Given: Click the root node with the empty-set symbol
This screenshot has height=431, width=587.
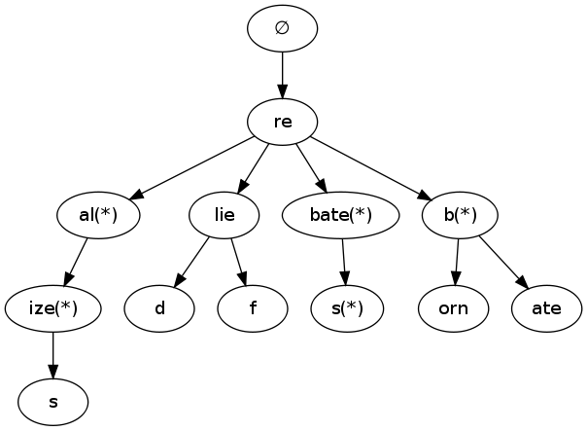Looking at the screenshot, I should click(282, 28).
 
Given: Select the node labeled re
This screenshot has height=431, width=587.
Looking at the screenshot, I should click(282, 122).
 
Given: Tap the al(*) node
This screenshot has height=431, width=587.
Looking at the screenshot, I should click(97, 215).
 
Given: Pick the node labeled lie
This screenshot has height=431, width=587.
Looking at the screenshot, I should click(224, 215).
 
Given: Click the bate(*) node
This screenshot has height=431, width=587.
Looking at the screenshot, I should click(341, 215).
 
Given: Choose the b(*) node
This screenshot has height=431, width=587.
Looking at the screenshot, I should click(460, 215).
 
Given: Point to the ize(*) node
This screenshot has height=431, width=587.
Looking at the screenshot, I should click(53, 308).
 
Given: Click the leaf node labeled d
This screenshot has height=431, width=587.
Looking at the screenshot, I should click(159, 308).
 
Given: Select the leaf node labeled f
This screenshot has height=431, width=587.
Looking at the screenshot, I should click(253, 308).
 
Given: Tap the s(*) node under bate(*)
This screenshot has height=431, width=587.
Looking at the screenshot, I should click(347, 308).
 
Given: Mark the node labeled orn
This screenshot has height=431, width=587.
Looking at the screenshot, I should click(453, 308).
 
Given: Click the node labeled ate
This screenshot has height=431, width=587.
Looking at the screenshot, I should click(546, 308).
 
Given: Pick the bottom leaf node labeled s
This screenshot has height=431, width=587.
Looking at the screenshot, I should click(53, 402).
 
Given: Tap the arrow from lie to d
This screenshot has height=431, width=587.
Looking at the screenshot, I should click(192, 262).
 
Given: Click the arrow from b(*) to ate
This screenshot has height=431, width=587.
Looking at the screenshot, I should click(502, 262).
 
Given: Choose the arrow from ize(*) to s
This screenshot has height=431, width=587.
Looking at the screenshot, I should click(53, 355).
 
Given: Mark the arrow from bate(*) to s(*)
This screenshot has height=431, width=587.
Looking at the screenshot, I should click(344, 262).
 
